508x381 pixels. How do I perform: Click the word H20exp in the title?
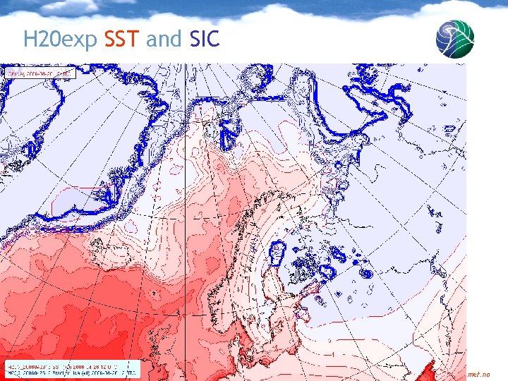(60, 39)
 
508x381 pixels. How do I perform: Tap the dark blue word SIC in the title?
(205, 39)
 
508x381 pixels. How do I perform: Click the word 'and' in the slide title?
(164, 39)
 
